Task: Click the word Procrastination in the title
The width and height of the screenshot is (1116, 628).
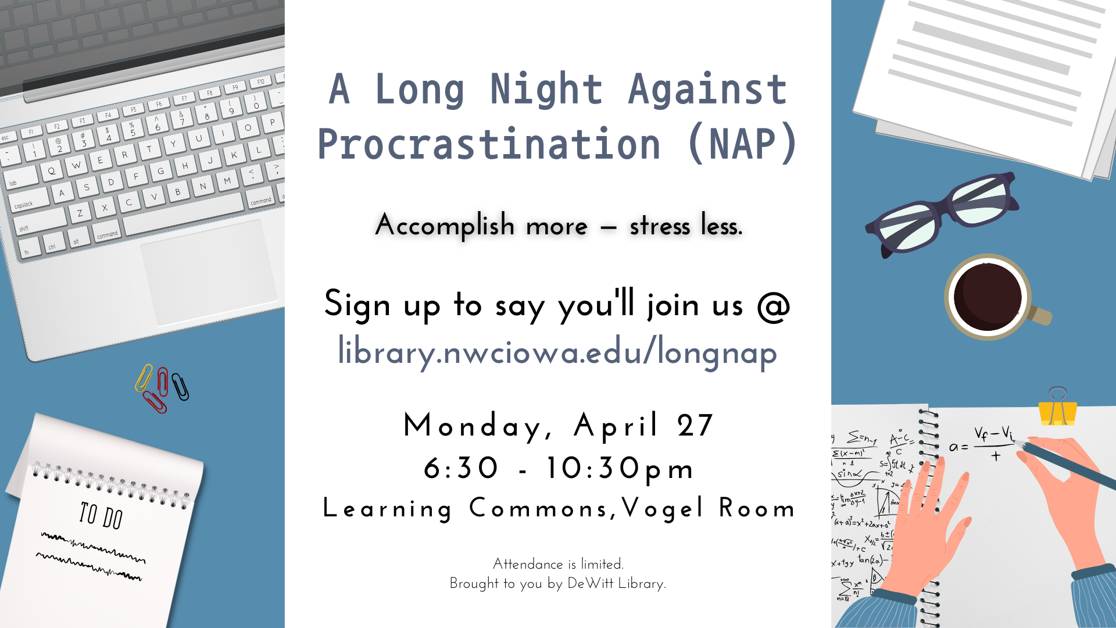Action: (489, 145)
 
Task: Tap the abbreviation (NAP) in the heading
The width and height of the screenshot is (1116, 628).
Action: (742, 144)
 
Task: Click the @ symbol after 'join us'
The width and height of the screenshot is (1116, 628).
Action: (774, 305)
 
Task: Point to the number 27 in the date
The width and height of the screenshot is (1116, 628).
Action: (695, 426)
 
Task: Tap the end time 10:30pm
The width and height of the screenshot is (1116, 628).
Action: (620, 469)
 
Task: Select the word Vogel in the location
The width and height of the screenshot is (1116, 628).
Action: (663, 508)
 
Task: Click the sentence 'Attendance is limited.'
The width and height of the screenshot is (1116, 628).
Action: (558, 564)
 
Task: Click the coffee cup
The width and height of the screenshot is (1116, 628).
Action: (992, 297)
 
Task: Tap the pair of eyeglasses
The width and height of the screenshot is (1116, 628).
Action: (942, 215)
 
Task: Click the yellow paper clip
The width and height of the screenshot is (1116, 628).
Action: (144, 378)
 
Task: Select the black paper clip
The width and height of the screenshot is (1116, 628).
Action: (180, 386)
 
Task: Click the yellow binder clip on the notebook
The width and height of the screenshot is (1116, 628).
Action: (1058, 407)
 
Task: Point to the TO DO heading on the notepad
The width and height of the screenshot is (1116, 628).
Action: (101, 515)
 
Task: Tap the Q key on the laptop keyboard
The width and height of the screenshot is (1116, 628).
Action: (52, 171)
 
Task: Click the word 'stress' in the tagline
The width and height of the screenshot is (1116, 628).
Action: (660, 226)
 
